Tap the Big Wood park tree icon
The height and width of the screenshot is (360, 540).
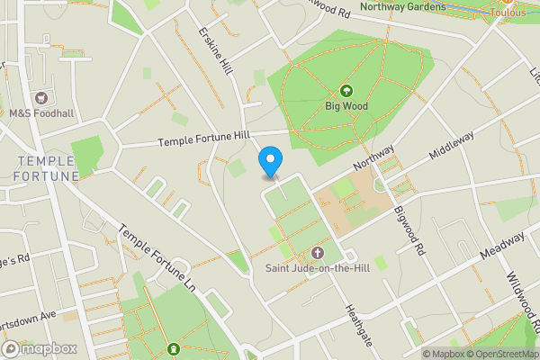346,90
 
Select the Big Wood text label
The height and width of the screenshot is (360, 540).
346,105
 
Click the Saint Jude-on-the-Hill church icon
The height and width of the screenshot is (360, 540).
317,253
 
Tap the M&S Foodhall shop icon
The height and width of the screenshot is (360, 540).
40,97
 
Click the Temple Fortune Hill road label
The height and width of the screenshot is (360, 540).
202,139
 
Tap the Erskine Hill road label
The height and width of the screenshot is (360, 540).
216,54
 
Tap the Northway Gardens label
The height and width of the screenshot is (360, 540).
402,7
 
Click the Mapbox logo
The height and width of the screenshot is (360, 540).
39,349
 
